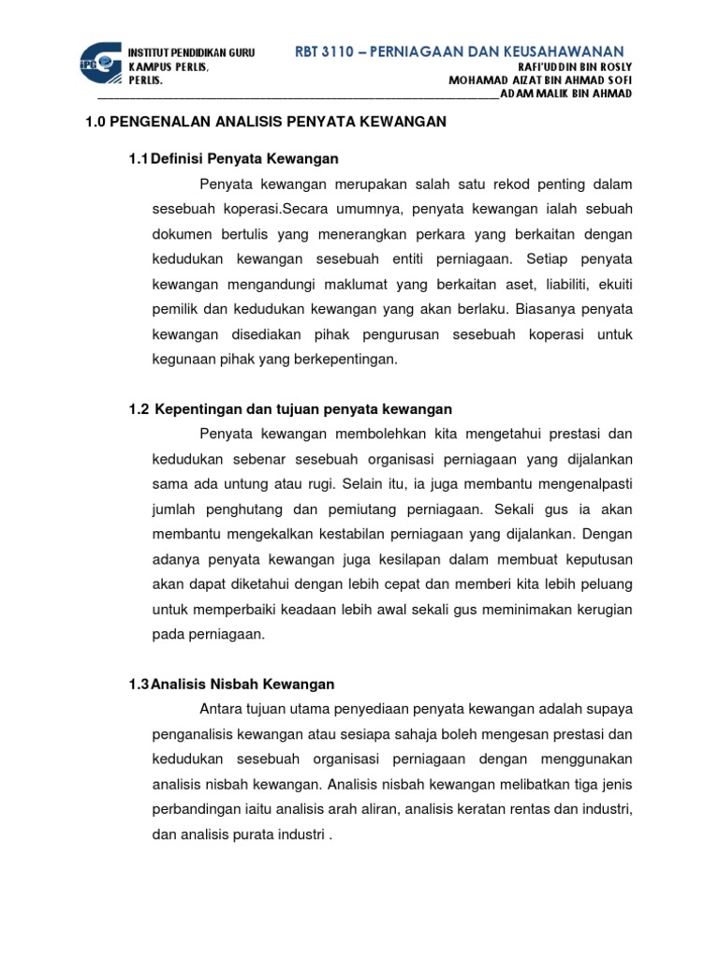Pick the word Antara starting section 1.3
[x=223, y=710]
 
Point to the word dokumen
[x=183, y=232]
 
